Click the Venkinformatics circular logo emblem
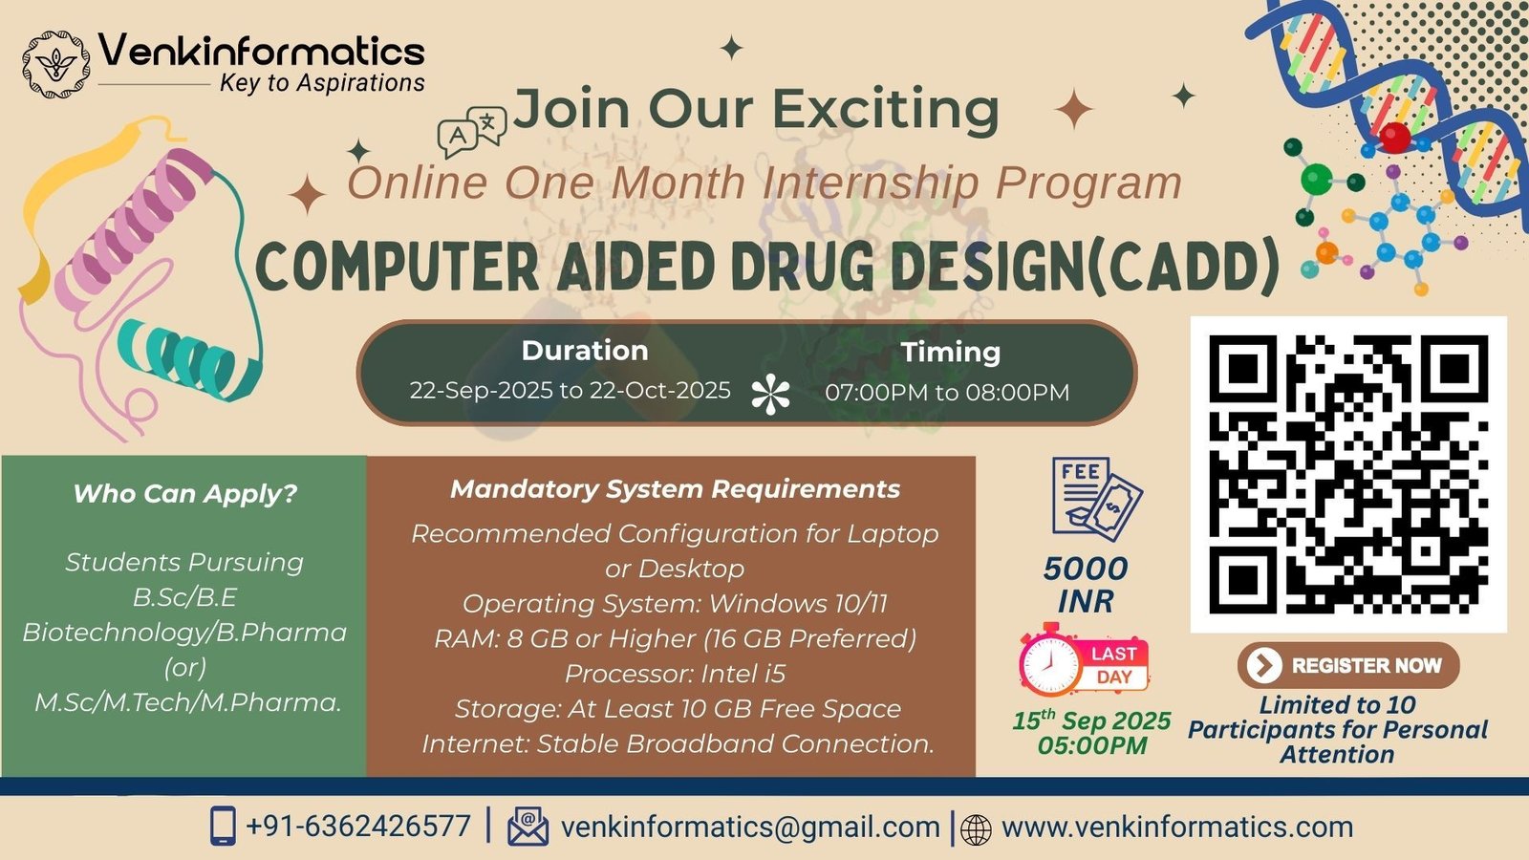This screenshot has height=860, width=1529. [55, 64]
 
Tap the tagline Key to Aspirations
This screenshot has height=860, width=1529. [322, 83]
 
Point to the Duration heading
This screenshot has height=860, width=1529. [585, 350]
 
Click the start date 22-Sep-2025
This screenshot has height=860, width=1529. [482, 391]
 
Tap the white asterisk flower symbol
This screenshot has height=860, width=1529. [770, 394]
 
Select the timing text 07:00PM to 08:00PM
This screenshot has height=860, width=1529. [947, 393]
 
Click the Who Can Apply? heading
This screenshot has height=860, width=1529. [185, 493]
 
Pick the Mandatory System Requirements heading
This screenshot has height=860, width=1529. [675, 488]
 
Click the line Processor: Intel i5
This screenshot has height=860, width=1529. [675, 674]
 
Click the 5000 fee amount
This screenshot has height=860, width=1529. [1086, 569]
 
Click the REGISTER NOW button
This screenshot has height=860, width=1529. [1348, 665]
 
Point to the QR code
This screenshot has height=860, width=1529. [1348, 474]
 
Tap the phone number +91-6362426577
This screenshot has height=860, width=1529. [358, 827]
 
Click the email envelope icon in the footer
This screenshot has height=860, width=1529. [528, 827]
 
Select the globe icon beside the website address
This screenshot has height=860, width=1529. [976, 830]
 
